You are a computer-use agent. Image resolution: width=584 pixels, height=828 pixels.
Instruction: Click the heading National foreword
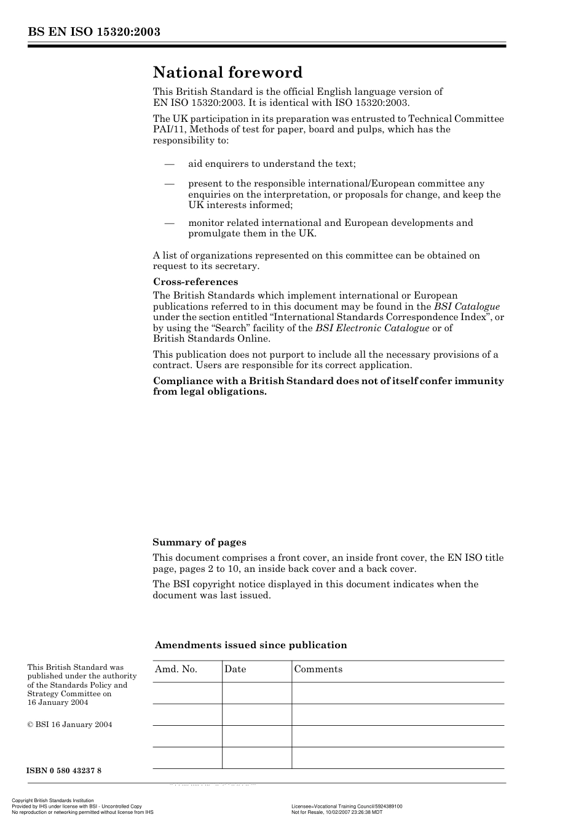(x=227, y=73)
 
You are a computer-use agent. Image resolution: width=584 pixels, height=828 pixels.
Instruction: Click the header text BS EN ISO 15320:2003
(x=93, y=32)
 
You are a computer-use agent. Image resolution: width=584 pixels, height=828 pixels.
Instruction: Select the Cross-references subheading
(x=195, y=282)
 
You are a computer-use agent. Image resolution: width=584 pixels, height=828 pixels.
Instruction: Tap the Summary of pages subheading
(x=199, y=542)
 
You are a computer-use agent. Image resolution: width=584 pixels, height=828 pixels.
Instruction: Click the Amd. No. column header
(x=176, y=669)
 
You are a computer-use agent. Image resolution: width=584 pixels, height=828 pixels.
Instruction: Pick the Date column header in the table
(x=235, y=669)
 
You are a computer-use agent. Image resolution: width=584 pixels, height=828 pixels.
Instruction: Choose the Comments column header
(x=318, y=669)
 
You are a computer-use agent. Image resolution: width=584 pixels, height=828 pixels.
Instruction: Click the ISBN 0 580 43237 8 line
(x=64, y=771)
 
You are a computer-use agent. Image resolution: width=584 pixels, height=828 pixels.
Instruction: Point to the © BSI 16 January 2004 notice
(x=69, y=725)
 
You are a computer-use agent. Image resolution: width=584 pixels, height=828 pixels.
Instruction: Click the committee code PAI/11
(x=168, y=129)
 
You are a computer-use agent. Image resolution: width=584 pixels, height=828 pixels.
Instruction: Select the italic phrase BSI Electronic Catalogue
(x=372, y=328)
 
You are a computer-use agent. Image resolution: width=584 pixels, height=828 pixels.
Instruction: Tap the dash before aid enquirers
(x=169, y=164)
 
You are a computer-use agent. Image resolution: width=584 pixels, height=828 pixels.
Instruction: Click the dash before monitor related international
(x=169, y=223)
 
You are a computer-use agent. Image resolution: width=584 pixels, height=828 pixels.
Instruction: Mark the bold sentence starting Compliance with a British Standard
(x=328, y=386)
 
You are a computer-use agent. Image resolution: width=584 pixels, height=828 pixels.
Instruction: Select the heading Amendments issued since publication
(x=250, y=645)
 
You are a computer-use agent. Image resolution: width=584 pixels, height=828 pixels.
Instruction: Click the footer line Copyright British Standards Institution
(x=53, y=801)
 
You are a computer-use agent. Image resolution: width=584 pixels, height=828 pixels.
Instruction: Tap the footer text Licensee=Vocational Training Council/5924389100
(x=347, y=806)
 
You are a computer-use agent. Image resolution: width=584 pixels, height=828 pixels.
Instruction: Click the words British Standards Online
(x=211, y=339)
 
